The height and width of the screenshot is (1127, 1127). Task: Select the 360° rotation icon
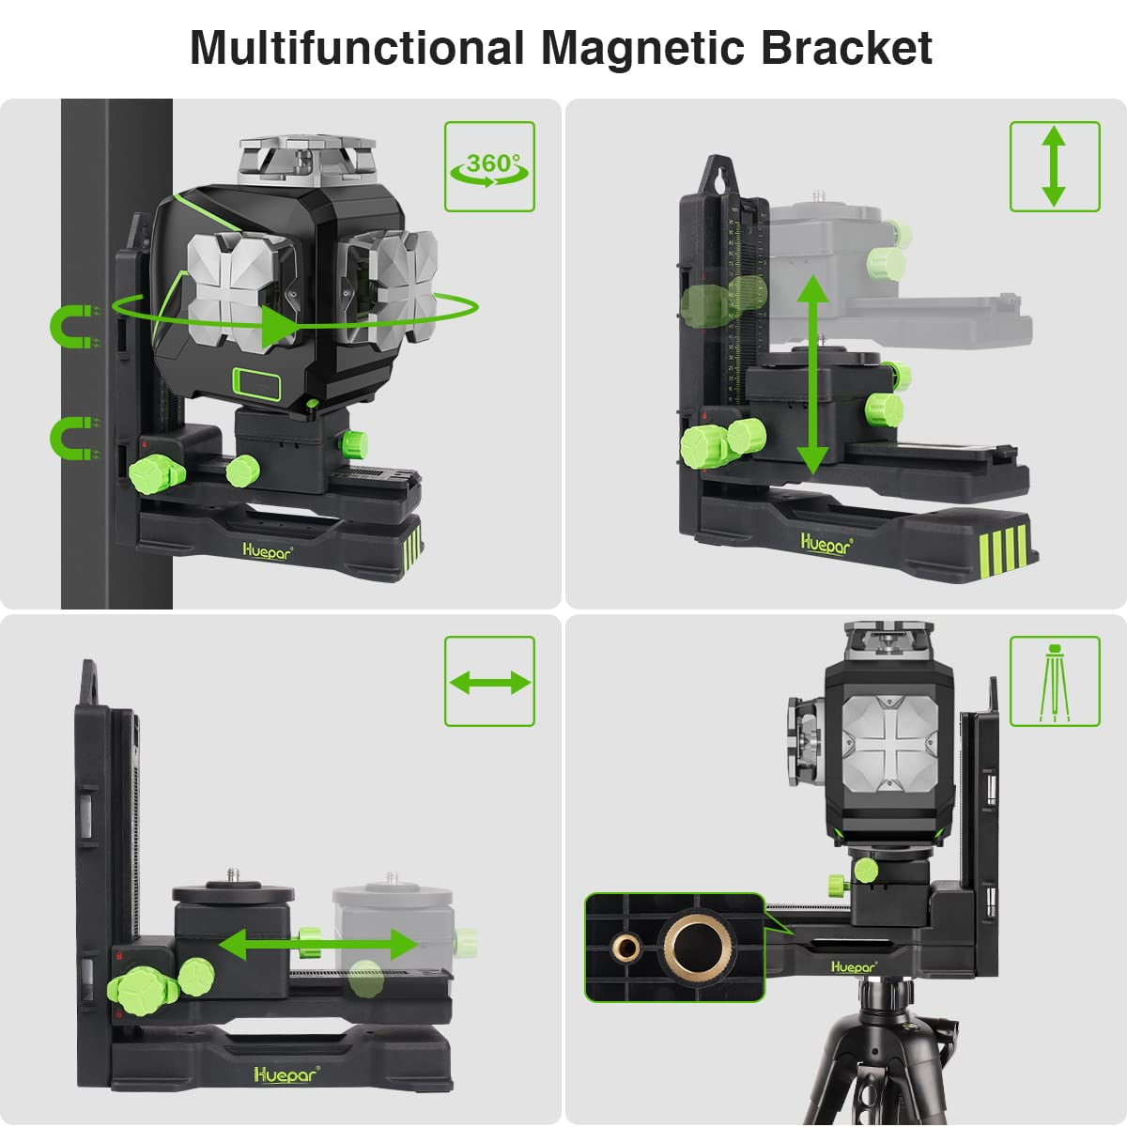(x=489, y=169)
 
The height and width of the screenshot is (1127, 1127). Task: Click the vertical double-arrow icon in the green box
(x=1054, y=166)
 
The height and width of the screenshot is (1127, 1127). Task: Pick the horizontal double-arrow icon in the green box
(x=489, y=683)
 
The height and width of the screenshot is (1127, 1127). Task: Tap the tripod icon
(x=1055, y=683)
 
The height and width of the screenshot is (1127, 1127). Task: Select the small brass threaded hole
(x=625, y=947)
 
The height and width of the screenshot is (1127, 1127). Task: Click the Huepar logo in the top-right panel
(x=826, y=544)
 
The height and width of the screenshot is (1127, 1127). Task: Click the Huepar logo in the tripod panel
(x=854, y=966)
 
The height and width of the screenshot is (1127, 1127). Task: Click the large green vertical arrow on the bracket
(x=813, y=375)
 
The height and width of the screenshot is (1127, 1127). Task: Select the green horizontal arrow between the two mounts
(x=318, y=945)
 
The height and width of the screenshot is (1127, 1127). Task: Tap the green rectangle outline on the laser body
(x=256, y=384)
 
